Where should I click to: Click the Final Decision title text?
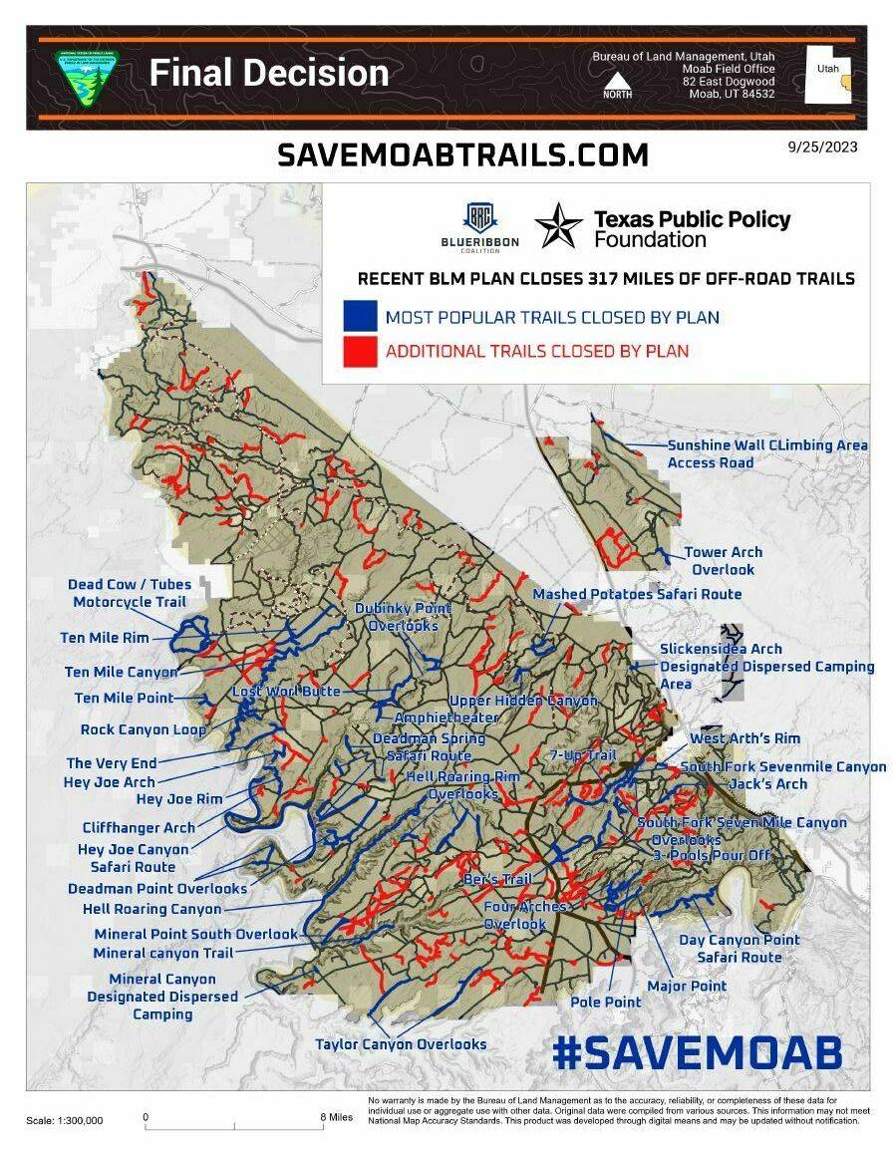[268, 73]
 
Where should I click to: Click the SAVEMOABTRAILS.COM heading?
[462, 154]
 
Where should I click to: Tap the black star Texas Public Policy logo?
[559, 225]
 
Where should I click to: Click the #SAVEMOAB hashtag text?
[697, 1052]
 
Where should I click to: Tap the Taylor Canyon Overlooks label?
[401, 1043]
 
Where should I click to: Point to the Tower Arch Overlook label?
[723, 561]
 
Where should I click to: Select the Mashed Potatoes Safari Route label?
[637, 594]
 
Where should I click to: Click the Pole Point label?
[606, 1002]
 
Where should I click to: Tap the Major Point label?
[687, 986]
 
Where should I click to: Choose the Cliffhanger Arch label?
[139, 827]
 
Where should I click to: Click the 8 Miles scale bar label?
[337, 1117]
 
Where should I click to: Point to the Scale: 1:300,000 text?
[64, 1120]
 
